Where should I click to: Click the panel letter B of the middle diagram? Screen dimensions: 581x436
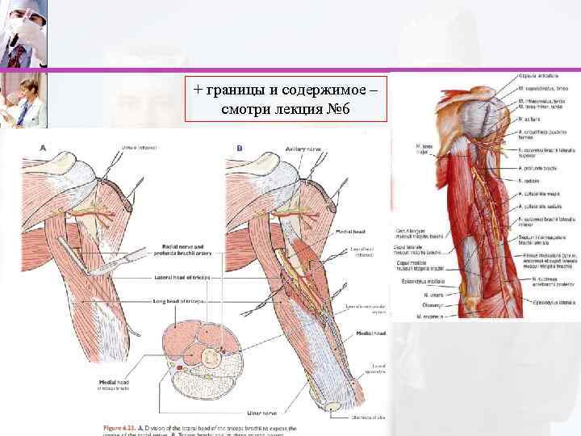(238, 148)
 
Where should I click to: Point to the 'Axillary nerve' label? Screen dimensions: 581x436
(304, 149)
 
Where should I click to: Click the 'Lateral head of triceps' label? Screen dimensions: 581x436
(181, 277)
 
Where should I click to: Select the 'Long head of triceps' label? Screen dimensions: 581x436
(179, 300)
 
